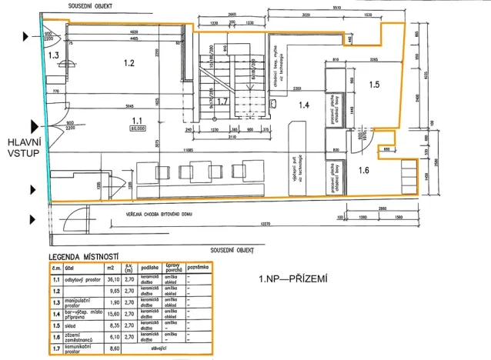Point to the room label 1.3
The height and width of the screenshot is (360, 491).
[x=53, y=55]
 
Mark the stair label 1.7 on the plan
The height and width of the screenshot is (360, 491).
[x=222, y=101]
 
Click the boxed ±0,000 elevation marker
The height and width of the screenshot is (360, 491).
[x=138, y=129]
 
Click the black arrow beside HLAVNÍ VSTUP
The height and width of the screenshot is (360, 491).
[x=34, y=125]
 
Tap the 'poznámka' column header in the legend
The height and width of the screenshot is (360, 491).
[x=200, y=268]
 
